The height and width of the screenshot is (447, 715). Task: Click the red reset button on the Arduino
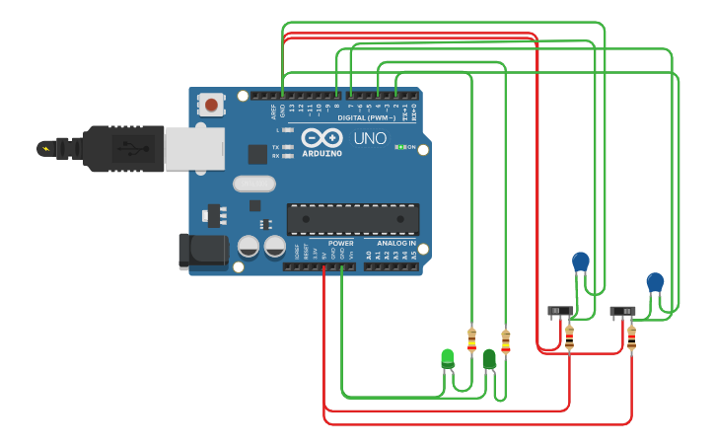coord(211,103)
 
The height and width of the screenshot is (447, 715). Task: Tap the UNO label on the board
coord(370,139)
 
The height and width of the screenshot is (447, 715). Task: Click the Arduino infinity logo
coord(322,138)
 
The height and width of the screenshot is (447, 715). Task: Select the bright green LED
coord(448,357)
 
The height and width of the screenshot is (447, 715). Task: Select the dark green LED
coord(489,359)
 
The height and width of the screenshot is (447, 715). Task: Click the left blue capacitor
coord(581,261)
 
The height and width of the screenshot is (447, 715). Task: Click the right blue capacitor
coord(655,282)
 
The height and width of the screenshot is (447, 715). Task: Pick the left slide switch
coord(560,311)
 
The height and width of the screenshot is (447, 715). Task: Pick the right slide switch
coord(622,312)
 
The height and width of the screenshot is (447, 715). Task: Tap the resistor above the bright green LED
coord(471,339)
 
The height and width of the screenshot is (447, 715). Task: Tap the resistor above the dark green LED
coord(506,341)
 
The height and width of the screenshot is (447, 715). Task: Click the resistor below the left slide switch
coord(569,337)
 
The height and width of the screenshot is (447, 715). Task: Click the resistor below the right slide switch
coord(631,338)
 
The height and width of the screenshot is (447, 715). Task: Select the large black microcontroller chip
coord(352,219)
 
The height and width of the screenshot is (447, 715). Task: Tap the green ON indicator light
coord(399,147)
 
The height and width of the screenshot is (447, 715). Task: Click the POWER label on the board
coord(340,243)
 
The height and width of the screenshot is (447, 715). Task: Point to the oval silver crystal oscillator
coord(254,184)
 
